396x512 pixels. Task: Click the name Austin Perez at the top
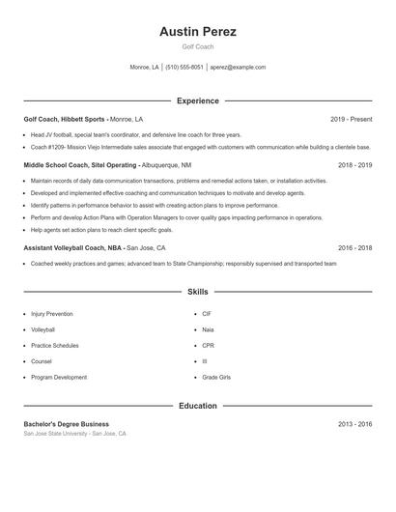pyautogui.click(x=198, y=31)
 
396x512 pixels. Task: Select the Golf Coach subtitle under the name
pyautogui.click(x=198, y=46)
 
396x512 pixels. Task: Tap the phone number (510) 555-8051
pyautogui.click(x=184, y=68)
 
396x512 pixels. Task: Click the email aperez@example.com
pyautogui.click(x=238, y=68)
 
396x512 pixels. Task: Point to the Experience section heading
pyautogui.click(x=198, y=100)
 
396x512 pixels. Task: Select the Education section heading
pyautogui.click(x=198, y=406)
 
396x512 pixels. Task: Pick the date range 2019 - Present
pyautogui.click(x=351, y=119)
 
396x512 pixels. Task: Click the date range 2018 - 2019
pyautogui.click(x=354, y=165)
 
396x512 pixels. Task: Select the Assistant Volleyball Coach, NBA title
pyautogui.click(x=73, y=247)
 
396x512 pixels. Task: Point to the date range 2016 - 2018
pyautogui.click(x=354, y=247)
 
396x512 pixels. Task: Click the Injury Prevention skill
pyautogui.click(x=51, y=314)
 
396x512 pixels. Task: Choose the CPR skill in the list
pyautogui.click(x=208, y=346)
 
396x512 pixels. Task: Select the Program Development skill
pyautogui.click(x=59, y=377)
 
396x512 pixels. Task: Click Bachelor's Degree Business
pyautogui.click(x=67, y=424)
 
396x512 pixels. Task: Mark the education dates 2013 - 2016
pyautogui.click(x=354, y=424)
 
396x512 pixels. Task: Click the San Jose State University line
pyautogui.click(x=74, y=434)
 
